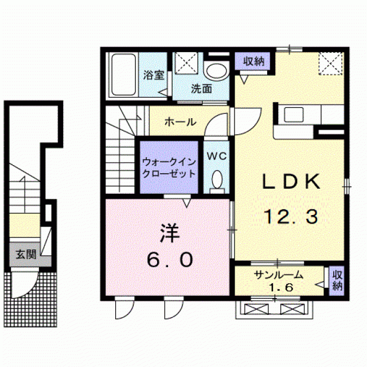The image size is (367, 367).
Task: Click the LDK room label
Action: pos(291,182)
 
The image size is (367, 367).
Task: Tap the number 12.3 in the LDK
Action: pos(291,216)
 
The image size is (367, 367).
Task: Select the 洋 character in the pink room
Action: pos(169,233)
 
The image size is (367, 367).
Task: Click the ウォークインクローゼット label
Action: pos(169,167)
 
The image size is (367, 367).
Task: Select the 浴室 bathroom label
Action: pos(154,75)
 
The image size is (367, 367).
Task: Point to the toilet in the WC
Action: pos(217,179)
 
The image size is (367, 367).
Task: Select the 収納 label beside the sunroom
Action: pos(337,279)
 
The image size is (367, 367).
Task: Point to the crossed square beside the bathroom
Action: pos(187,63)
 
